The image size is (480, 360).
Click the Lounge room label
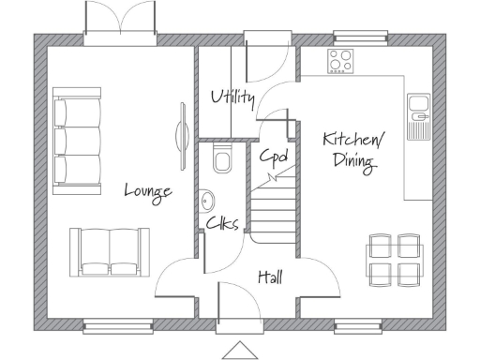click(148, 191)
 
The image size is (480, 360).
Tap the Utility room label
click(232, 97)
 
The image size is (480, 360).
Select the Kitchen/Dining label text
click(350, 151)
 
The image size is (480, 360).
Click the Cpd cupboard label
click(273, 156)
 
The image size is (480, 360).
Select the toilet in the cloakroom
click(222, 159)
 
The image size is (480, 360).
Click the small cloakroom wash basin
click(205, 199)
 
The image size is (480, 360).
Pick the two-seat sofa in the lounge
click(109, 251)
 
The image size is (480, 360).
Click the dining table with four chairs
click(394, 259)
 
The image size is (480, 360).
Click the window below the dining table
click(362, 327)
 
